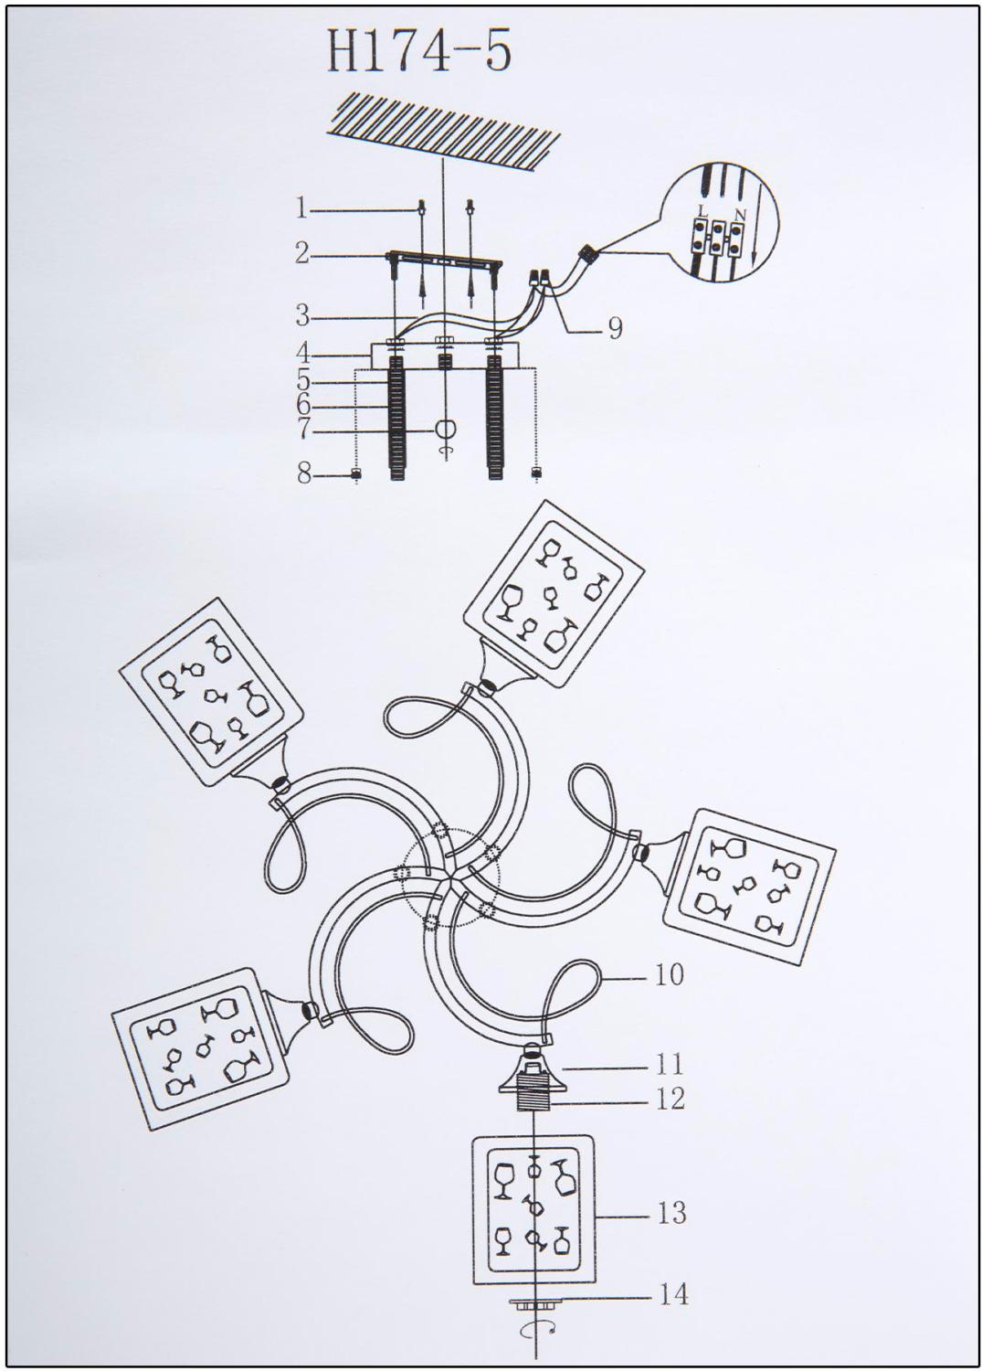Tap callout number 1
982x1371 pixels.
(301, 209)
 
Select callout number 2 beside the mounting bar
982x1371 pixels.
(302, 253)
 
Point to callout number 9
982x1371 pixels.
(614, 329)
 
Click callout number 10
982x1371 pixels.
(669, 973)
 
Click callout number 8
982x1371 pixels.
(304, 474)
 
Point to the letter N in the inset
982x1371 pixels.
(741, 215)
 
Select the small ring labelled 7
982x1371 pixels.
(443, 430)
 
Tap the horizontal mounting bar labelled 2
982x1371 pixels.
(445, 260)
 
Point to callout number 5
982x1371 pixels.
(303, 382)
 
